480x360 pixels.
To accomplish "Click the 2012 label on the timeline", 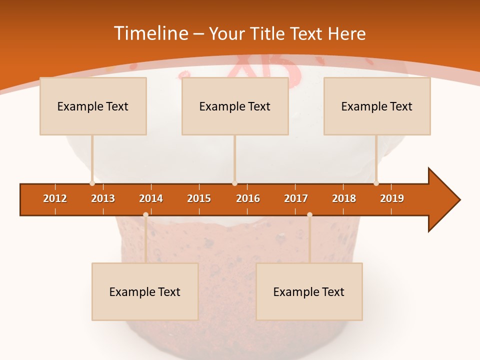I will pyautogui.click(x=55, y=198).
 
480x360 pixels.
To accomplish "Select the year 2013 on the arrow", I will pyautogui.click(x=103, y=198).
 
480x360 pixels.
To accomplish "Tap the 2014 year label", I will pyautogui.click(x=151, y=198).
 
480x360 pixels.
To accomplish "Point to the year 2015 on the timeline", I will pyautogui.click(x=199, y=198).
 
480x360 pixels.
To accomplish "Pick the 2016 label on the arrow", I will pyautogui.click(x=248, y=198).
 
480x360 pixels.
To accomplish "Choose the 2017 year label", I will pyautogui.click(x=296, y=198).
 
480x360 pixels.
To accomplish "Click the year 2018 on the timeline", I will pyautogui.click(x=344, y=198).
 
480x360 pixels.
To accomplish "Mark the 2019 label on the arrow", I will pyautogui.click(x=392, y=198).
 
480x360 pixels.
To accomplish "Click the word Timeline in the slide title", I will pyautogui.click(x=151, y=33).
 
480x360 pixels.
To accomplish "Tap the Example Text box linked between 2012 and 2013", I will pyautogui.click(x=93, y=106).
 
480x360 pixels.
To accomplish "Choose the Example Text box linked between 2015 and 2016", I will pyautogui.click(x=235, y=106).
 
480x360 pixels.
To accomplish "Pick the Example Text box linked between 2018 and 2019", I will pyautogui.click(x=377, y=106).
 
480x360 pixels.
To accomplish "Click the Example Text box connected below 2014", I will pyautogui.click(x=145, y=291).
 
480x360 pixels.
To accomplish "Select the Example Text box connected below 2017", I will pyautogui.click(x=309, y=291).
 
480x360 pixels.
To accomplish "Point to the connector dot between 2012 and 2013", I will pyautogui.click(x=92, y=183).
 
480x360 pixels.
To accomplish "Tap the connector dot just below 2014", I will pyautogui.click(x=145, y=214).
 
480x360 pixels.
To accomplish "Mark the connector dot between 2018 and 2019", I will pyautogui.click(x=376, y=183).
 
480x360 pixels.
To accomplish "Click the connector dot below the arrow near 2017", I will pyautogui.click(x=309, y=214).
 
